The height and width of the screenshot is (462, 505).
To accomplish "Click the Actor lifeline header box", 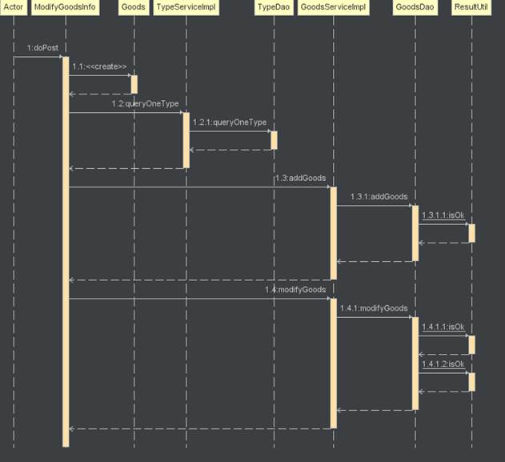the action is tap(14, 7).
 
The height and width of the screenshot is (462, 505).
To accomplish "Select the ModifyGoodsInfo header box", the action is tap(65, 7).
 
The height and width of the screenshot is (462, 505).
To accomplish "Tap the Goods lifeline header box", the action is tap(133, 7).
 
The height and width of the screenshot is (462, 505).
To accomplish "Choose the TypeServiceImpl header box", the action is tap(186, 7).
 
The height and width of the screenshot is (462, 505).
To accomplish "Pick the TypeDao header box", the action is tap(274, 7).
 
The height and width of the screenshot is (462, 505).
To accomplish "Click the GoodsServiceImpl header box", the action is tap(333, 7).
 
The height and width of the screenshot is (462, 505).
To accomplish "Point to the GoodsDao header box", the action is tap(415, 7).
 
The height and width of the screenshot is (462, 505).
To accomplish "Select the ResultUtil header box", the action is tap(471, 7).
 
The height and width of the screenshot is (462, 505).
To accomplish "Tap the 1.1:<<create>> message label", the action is tap(99, 66).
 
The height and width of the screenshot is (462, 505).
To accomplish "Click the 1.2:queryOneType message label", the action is tap(145, 104).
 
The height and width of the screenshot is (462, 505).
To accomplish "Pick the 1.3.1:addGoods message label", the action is tap(379, 196).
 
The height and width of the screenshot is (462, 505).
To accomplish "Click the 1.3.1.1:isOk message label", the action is tap(443, 215).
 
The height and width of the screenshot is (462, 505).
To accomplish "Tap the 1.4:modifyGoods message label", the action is tap(295, 290).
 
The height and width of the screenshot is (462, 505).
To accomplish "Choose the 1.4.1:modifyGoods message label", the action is tap(374, 308).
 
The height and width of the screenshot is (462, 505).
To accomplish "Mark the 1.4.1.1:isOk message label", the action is tap(443, 327).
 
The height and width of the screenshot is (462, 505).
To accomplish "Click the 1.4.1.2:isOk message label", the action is tap(443, 364).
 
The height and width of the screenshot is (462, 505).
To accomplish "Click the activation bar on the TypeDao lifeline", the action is tap(274, 140).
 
